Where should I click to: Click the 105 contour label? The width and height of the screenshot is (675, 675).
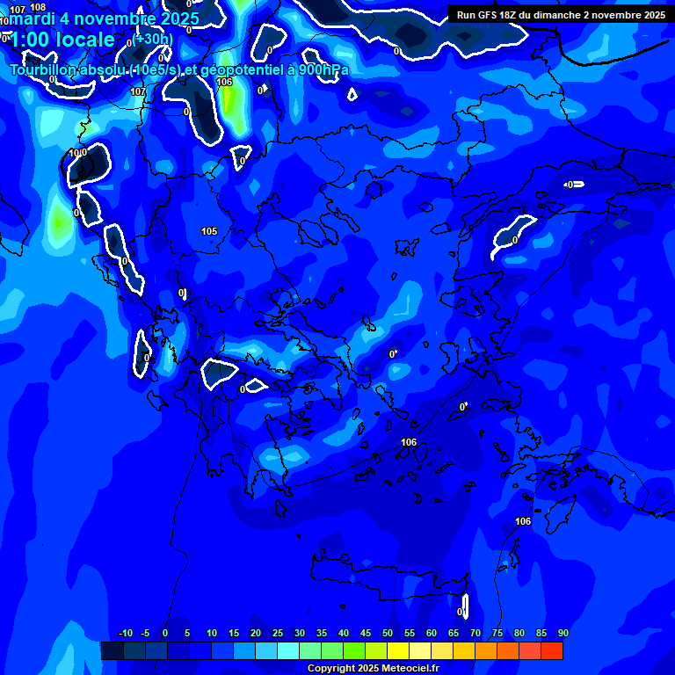point(209,231)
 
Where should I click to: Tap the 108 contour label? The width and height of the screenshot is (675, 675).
point(38,7)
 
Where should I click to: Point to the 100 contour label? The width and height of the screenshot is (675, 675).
point(77,153)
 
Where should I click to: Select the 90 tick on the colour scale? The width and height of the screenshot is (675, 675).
point(563,634)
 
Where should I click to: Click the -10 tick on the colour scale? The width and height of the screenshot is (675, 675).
point(125,634)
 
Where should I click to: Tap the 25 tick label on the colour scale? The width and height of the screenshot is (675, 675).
point(278,634)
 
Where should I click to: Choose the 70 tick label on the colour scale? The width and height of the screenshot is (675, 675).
point(475,634)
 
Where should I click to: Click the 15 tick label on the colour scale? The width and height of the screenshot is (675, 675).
point(234,634)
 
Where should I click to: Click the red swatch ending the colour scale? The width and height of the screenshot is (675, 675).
point(552,650)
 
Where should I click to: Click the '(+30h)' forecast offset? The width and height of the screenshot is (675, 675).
point(153,39)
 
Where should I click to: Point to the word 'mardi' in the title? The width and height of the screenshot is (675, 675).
point(28,18)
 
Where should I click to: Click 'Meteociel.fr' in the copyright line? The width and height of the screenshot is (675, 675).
point(410,668)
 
